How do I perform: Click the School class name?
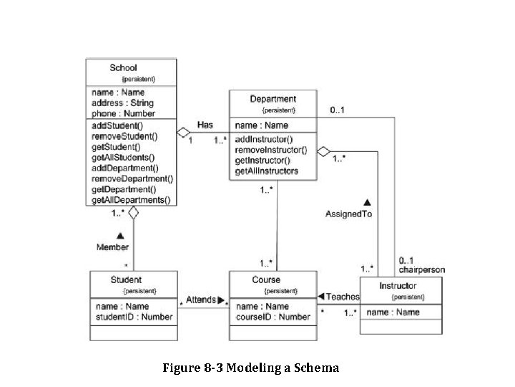[123, 68]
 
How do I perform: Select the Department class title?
[273, 99]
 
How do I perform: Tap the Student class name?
[126, 279]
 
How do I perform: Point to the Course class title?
[266, 279]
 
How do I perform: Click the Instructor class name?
[398, 286]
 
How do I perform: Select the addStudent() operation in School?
[117, 125]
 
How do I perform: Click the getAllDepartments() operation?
[131, 200]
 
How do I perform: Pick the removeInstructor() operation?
[270, 150]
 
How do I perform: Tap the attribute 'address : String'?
[122, 103]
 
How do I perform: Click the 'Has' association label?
[205, 125]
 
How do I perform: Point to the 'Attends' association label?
[201, 300]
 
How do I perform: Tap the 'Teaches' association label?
[343, 296]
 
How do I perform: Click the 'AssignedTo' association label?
[348, 214]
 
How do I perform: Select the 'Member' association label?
[113, 247]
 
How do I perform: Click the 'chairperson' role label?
[421, 270]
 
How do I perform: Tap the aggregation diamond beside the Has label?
[184, 132]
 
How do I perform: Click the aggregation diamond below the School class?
[133, 213]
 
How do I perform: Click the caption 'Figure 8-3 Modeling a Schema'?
[250, 368]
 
